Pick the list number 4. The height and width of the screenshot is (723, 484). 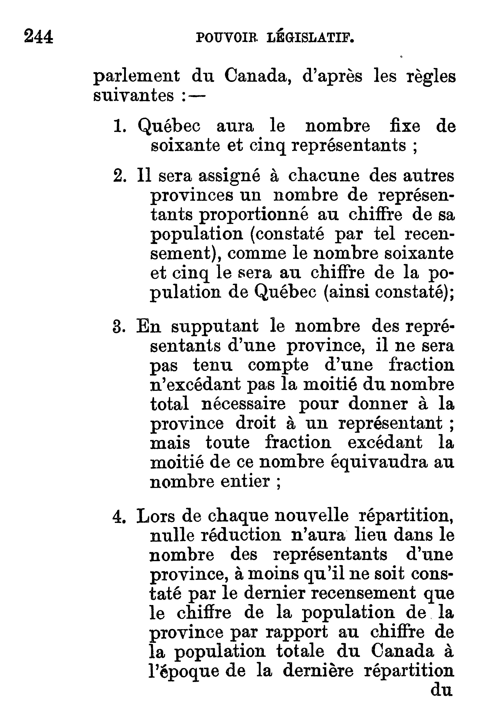[119, 517]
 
